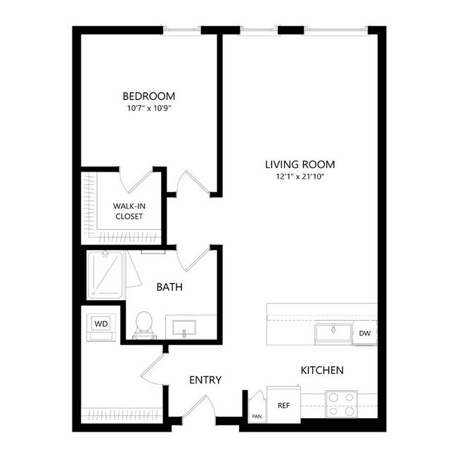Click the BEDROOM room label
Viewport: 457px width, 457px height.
click(x=148, y=96)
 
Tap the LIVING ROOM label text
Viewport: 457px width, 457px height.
click(x=300, y=165)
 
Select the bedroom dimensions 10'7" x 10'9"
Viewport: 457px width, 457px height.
click(x=148, y=109)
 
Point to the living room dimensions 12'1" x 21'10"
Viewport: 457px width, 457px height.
click(x=300, y=176)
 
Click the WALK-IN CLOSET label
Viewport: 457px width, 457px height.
click(x=129, y=211)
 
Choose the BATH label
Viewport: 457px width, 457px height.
click(x=169, y=287)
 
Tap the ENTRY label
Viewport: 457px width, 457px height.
click(x=205, y=380)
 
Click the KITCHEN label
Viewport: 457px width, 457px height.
click(x=322, y=370)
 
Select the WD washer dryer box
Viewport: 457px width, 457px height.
click(x=101, y=325)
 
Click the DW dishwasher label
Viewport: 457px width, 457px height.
click(x=365, y=333)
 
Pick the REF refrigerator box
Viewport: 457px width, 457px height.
click(x=283, y=405)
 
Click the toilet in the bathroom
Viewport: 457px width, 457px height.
click(x=145, y=324)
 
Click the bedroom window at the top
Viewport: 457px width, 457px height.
click(x=183, y=30)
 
